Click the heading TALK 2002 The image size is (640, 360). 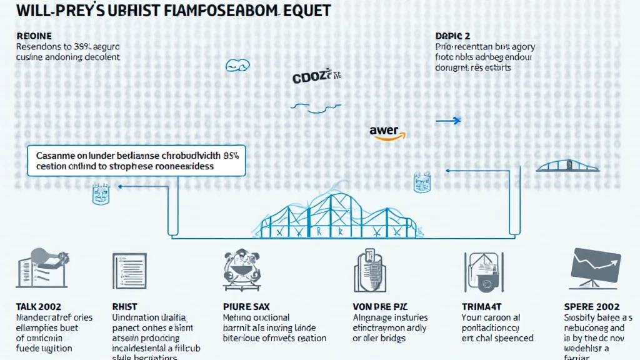pos(38,306)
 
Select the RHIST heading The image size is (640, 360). pos(125,306)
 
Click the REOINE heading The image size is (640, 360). pos(34,36)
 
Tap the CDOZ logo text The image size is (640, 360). pos(310,78)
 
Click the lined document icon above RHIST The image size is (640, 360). pos(129,270)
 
